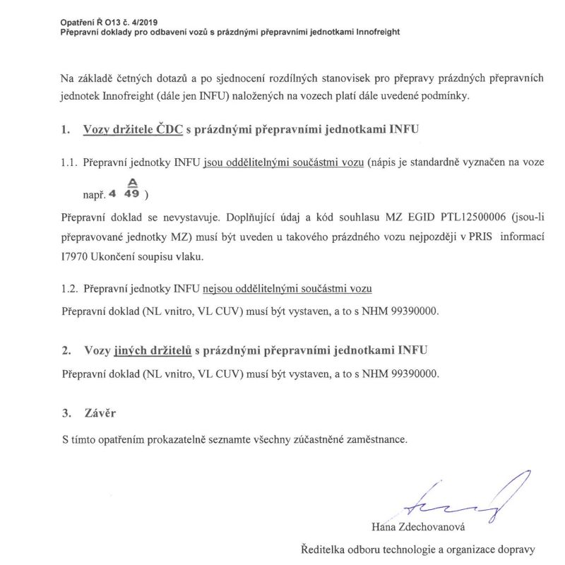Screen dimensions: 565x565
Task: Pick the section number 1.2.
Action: pos(69,289)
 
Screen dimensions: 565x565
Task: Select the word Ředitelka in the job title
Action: pos(322,549)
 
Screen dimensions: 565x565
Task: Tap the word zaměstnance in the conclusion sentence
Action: pos(371,439)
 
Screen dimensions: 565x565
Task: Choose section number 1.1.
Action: pos(69,163)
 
